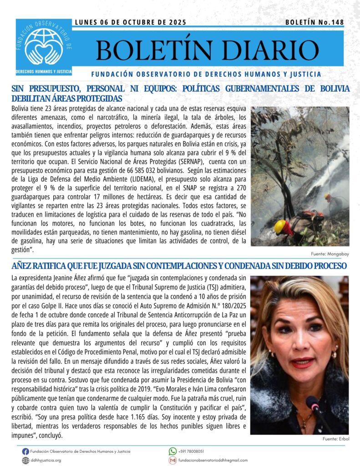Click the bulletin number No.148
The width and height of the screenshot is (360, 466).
pos(314,22)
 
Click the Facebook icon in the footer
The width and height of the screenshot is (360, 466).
pos(25,451)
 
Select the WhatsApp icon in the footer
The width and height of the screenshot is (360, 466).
pos(172,451)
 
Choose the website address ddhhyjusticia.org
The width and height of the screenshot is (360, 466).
pos(46,460)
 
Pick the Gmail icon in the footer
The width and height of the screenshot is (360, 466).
pos(172,460)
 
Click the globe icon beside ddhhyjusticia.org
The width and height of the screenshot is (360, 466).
pos(25,460)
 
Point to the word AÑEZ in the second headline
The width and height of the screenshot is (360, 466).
pos(23,265)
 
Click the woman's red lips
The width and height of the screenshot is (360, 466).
pos(303,363)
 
